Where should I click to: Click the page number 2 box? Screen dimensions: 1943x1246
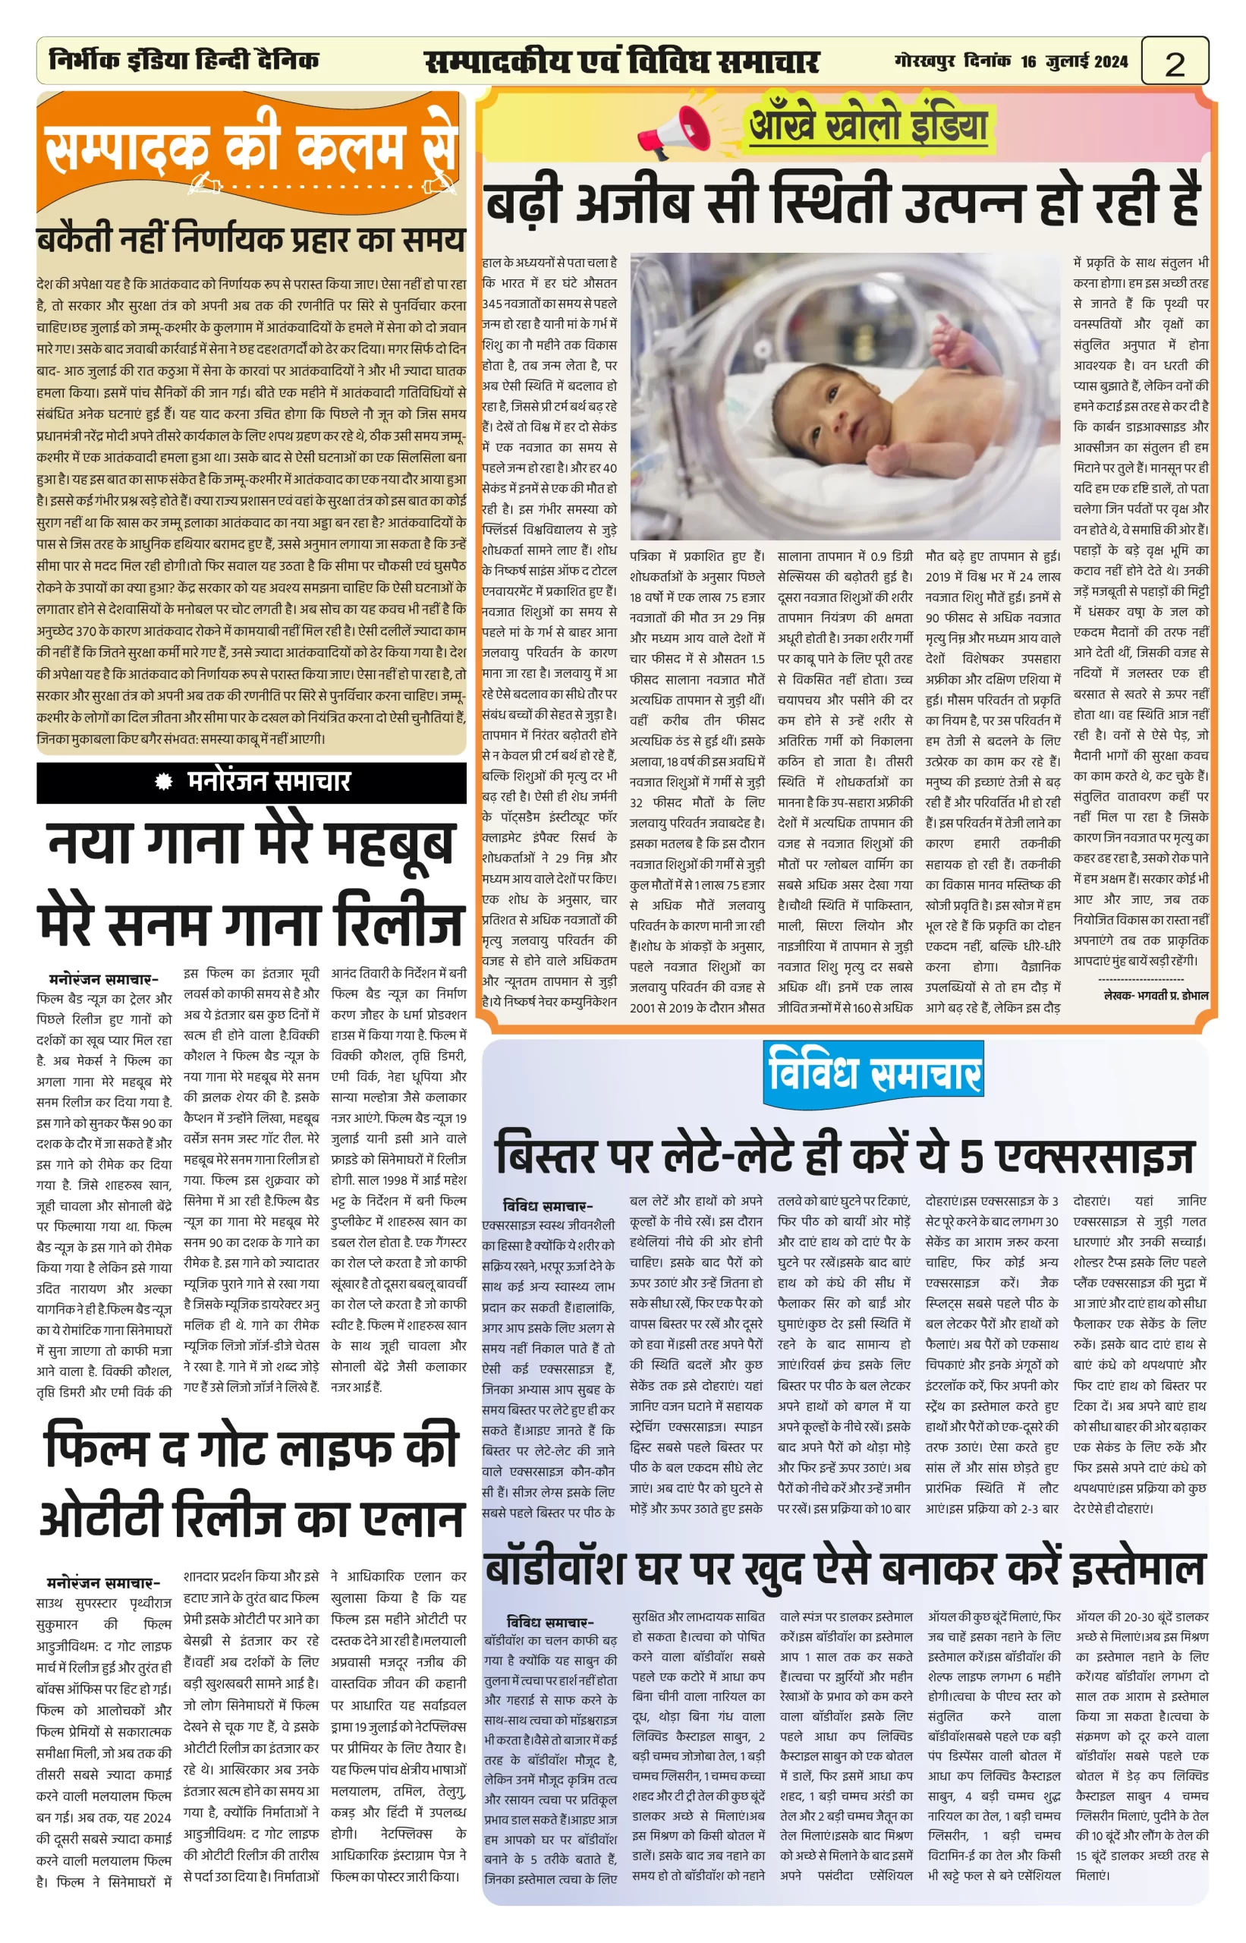(1174, 62)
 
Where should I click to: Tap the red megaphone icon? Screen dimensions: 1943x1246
(673, 132)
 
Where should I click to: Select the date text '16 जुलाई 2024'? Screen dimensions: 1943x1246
(1074, 62)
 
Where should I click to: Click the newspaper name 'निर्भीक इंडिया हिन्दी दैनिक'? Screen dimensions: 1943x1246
(184, 61)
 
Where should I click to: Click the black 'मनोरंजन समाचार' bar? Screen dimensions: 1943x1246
(252, 782)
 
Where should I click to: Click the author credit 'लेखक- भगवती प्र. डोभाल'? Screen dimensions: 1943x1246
(1156, 994)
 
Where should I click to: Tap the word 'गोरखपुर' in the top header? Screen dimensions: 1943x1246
(925, 62)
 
